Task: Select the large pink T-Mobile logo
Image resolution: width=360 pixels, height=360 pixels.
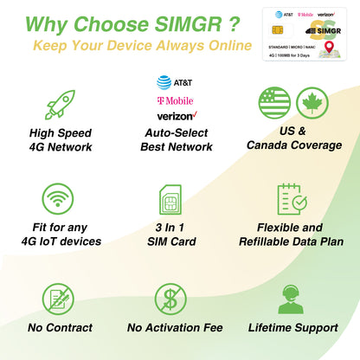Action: (175, 100)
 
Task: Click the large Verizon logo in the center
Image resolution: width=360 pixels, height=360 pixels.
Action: (176, 116)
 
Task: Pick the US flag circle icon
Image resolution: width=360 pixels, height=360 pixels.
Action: (274, 103)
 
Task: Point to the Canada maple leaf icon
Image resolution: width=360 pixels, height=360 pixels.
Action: (312, 103)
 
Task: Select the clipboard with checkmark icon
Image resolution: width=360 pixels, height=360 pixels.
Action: (292, 200)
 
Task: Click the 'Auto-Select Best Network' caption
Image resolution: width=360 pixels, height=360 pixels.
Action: (176, 140)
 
